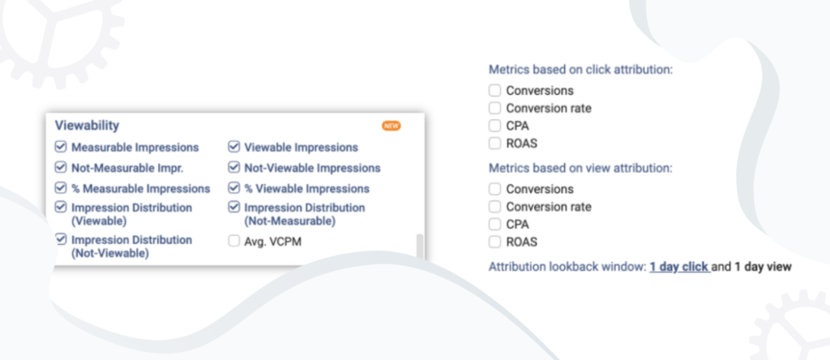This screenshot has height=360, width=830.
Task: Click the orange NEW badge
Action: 391,126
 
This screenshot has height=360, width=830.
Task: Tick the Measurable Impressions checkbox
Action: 61,147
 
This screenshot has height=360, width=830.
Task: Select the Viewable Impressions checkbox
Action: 234,147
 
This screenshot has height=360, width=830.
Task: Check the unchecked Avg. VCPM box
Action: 234,242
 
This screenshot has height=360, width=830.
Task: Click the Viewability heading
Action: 87,126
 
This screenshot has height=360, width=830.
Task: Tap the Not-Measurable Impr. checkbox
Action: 61,168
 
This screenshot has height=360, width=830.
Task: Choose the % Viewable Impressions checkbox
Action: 234,188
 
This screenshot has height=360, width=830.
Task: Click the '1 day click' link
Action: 680,267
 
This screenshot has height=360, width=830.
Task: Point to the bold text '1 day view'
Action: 763,267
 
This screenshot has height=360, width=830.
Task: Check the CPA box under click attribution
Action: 494,126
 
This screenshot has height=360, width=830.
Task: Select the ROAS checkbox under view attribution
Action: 494,242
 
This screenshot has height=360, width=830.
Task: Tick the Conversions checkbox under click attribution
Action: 494,91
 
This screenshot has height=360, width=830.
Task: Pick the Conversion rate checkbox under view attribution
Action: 494,207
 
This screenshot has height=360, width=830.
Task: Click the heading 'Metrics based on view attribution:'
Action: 580,169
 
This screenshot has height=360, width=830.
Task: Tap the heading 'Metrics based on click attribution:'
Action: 580,70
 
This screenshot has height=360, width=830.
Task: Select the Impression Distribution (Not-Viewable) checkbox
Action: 61,239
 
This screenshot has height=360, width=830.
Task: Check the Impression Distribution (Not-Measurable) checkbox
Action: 234,207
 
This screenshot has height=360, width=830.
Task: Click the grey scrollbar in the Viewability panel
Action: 421,246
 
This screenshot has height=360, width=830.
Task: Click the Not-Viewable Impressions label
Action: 312,168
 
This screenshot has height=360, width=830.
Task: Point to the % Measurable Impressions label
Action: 141,188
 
